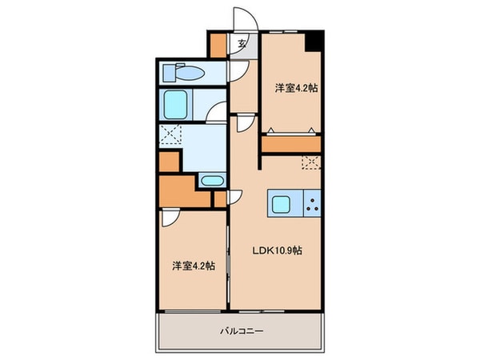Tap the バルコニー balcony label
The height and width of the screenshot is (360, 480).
pos(239,330)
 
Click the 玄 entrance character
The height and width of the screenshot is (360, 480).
pos(241,45)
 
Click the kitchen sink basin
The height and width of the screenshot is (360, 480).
pos(282,204)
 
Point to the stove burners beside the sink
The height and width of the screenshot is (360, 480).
pos(312,204)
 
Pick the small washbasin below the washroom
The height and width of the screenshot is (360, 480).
pos(211,181)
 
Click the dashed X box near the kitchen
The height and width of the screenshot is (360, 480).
pos(311,162)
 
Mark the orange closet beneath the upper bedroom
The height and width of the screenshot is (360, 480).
pos(291,145)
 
